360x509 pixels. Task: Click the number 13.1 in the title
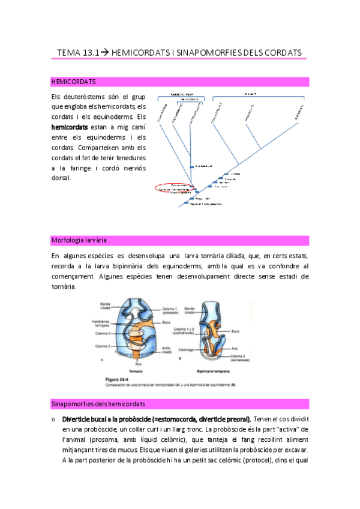tap(86, 53)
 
